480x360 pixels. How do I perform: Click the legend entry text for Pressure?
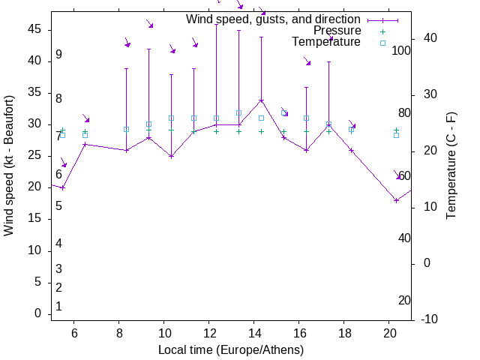(x=337, y=31)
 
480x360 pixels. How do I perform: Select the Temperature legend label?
(x=326, y=43)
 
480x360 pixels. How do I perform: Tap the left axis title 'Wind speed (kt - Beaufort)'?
(x=9, y=165)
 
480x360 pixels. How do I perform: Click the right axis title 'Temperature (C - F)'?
(x=451, y=165)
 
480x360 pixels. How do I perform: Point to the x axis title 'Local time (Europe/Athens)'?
(x=231, y=350)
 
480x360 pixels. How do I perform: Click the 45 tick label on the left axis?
(x=35, y=28)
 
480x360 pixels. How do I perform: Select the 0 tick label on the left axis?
(x=38, y=313)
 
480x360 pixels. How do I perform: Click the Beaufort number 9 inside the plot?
(x=58, y=55)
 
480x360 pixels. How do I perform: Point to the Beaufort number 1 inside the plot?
(x=58, y=307)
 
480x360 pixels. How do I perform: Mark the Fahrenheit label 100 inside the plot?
(x=401, y=51)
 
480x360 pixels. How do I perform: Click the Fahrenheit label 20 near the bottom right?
(x=404, y=300)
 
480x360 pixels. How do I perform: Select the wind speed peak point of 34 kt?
(x=261, y=100)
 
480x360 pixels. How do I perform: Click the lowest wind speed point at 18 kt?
(x=396, y=200)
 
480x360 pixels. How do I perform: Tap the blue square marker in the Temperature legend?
(x=382, y=43)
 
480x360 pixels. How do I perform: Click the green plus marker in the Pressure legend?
(x=382, y=31)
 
